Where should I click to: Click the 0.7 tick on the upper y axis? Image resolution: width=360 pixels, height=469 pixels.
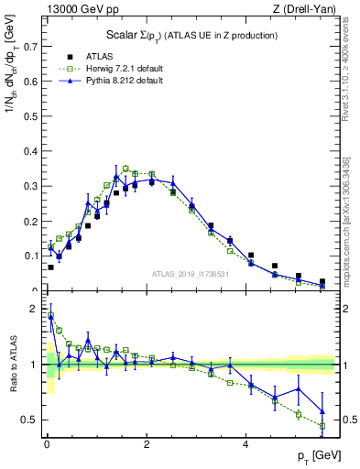[35, 44]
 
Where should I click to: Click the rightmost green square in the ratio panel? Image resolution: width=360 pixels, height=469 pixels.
[322, 426]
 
